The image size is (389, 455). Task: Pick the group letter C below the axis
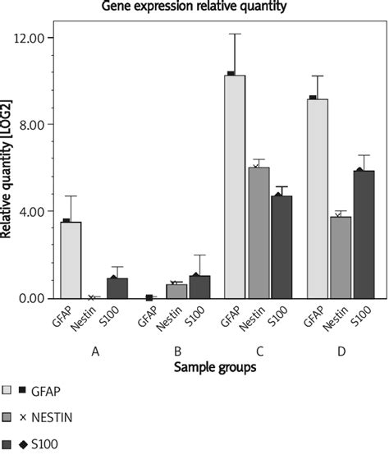tap(259, 352)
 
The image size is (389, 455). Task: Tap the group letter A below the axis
tap(96, 352)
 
